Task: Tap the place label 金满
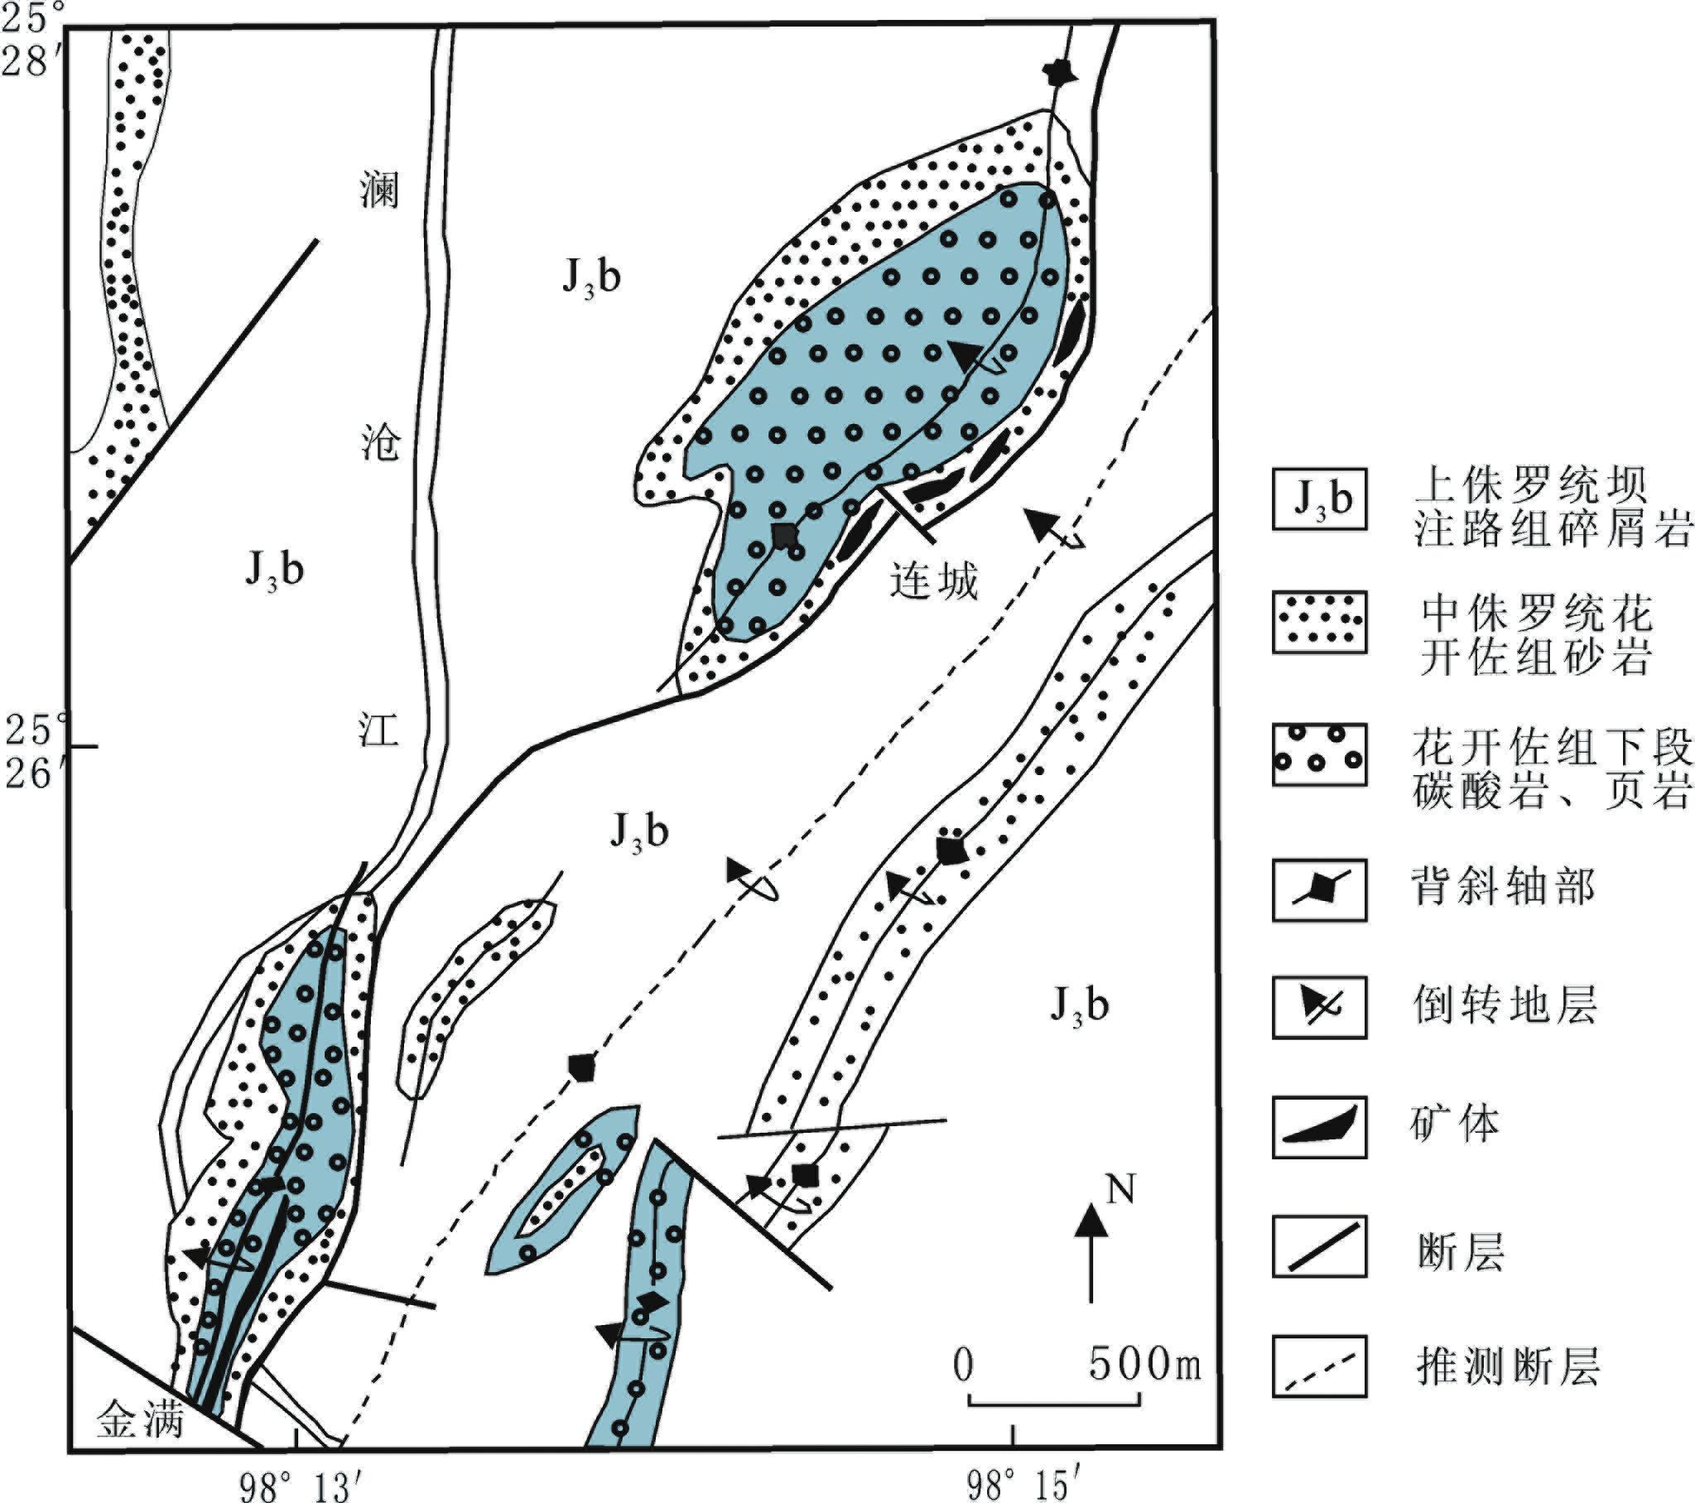pos(139,1420)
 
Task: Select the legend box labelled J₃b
pos(1318,499)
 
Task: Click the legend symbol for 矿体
pos(1318,1127)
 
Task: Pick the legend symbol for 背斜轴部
pos(1318,890)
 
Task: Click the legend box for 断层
pos(1318,1246)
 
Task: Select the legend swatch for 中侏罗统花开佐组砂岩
pos(1318,622)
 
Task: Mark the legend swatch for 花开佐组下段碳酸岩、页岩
pos(1318,755)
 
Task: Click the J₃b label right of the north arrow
pos(1080,1005)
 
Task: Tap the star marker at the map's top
pos(1059,75)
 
